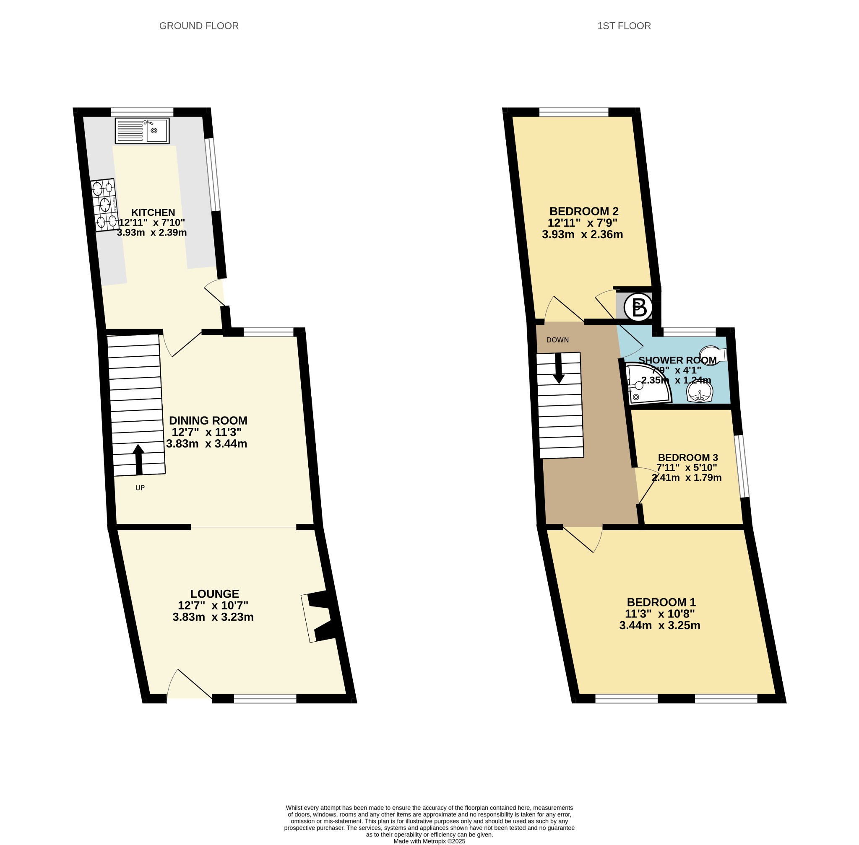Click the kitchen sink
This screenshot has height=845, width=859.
point(142,130)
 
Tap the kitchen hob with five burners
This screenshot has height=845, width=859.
point(104,205)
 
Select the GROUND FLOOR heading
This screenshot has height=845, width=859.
point(199,26)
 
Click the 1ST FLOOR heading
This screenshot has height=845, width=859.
point(624,26)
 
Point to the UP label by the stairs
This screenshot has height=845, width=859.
point(140,488)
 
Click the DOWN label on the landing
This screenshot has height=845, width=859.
point(557,340)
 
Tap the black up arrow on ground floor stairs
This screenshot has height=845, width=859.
point(138,460)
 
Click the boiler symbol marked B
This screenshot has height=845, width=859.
point(638,308)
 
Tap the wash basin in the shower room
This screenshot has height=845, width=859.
point(700,392)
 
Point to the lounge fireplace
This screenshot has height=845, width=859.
point(318,617)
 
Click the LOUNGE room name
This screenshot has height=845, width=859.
point(214,594)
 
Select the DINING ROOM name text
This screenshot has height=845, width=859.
point(208,420)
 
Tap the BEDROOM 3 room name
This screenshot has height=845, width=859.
point(687,457)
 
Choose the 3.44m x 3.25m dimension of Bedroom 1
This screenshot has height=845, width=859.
point(660,625)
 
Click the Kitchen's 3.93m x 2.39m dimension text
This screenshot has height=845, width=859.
point(152,232)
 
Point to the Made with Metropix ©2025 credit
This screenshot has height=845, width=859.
point(429,841)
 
